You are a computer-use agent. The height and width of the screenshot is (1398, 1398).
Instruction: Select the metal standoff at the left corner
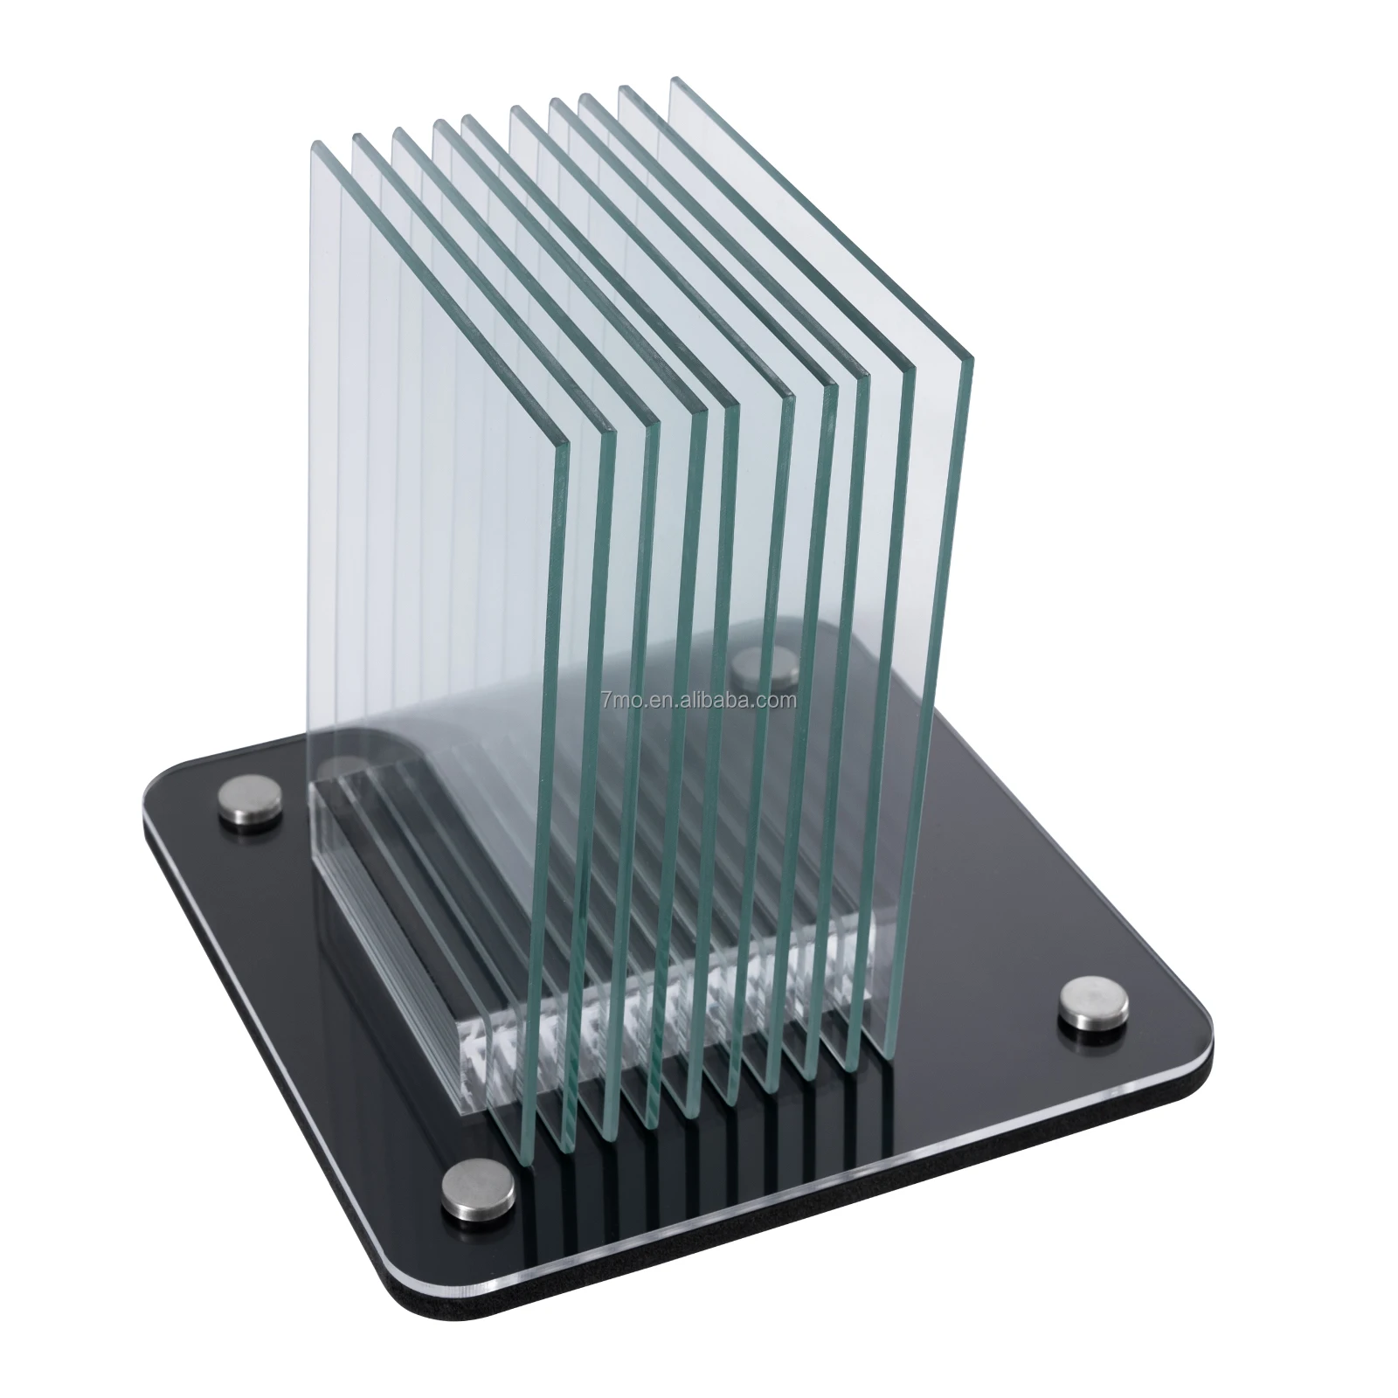point(253,799)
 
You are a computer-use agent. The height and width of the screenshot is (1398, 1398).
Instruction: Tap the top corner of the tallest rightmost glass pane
point(673,80)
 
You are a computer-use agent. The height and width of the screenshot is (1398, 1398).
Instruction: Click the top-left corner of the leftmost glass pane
point(309,147)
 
